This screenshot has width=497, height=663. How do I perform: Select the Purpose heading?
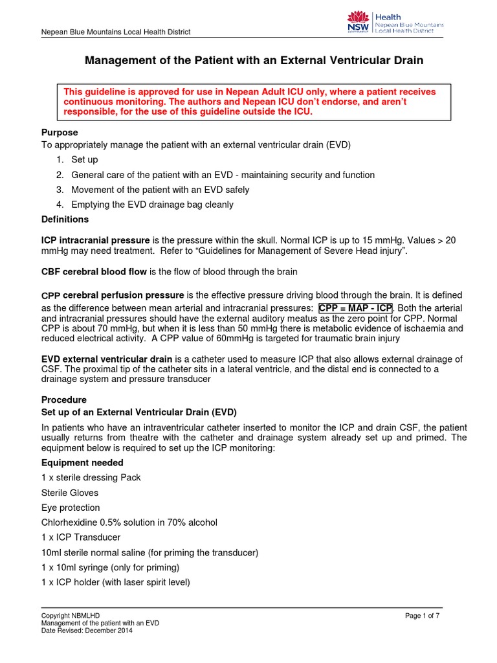point(60,133)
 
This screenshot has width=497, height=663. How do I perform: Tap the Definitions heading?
point(65,219)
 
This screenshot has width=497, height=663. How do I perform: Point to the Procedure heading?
point(63,399)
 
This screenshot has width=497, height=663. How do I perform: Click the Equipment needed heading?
point(82,463)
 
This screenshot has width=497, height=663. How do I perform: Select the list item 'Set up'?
point(85,160)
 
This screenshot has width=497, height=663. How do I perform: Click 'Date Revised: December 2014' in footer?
point(87,631)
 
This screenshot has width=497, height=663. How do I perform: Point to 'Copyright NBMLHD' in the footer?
point(71,615)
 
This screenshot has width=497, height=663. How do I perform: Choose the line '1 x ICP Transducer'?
point(81,537)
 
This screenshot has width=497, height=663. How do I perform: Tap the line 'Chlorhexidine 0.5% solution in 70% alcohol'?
point(129,523)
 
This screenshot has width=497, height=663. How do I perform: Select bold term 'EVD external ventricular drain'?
point(107,359)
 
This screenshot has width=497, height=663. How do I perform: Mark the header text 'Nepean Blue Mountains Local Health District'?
point(116,32)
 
